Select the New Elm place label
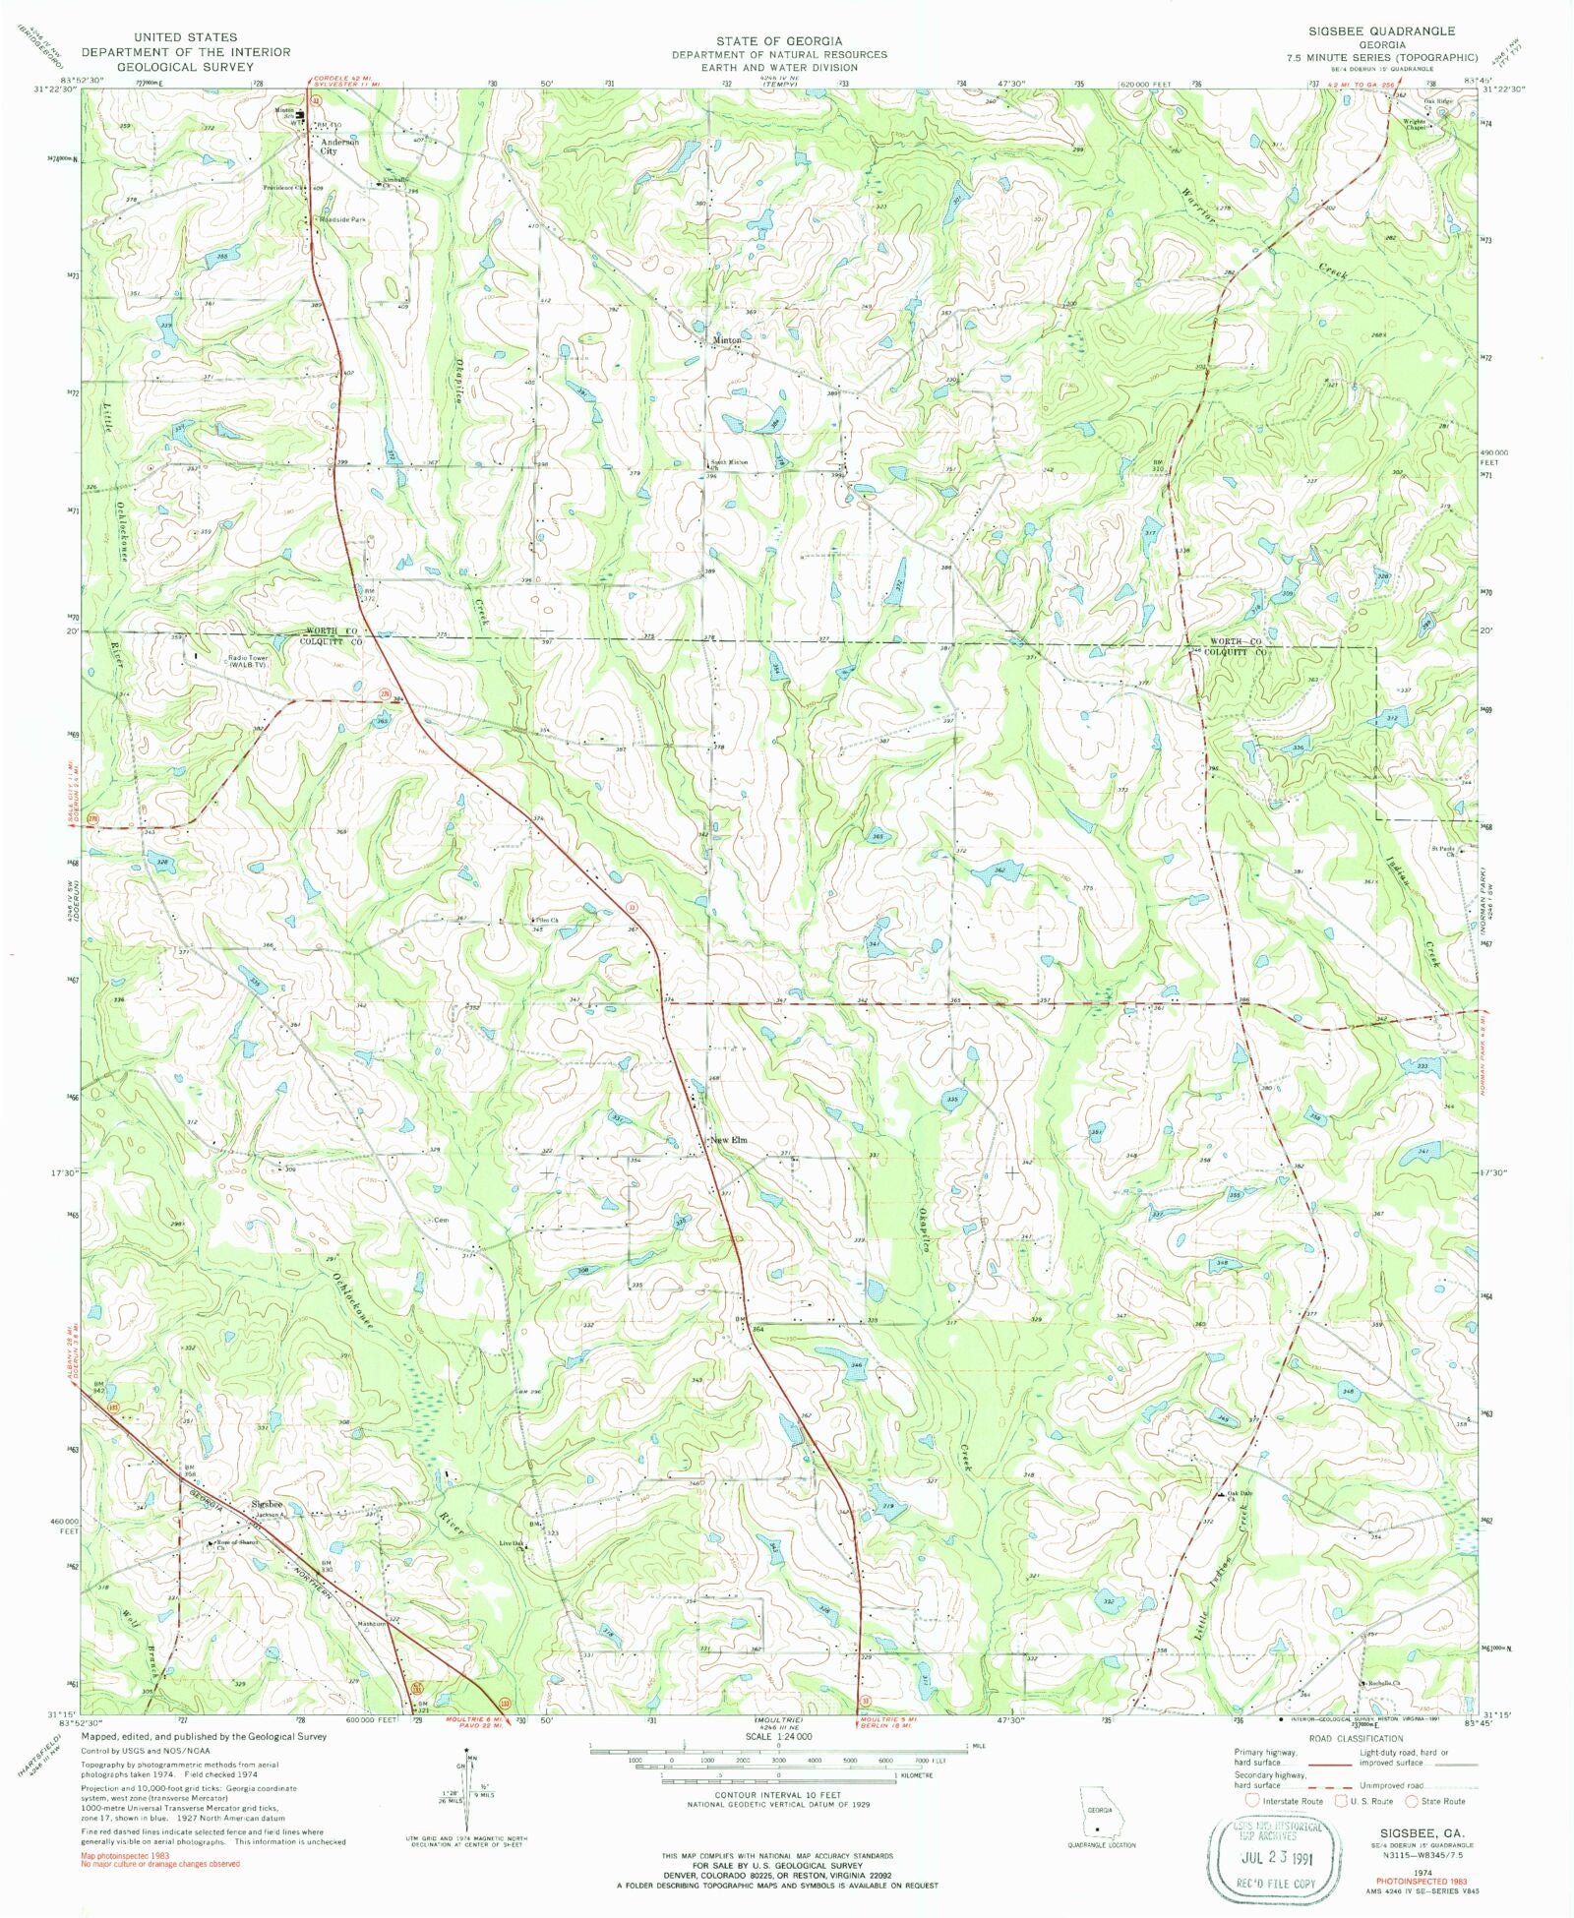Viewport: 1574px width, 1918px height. tap(730, 1140)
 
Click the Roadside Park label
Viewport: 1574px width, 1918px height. tap(342, 220)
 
